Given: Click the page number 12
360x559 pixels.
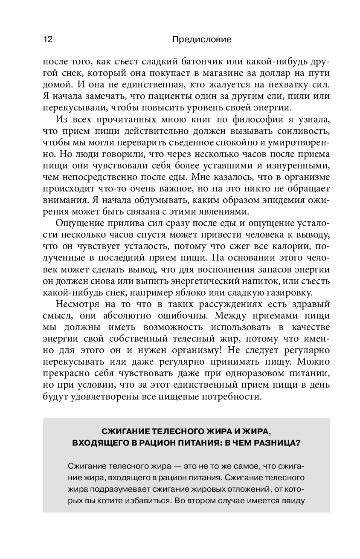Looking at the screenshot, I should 47,40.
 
